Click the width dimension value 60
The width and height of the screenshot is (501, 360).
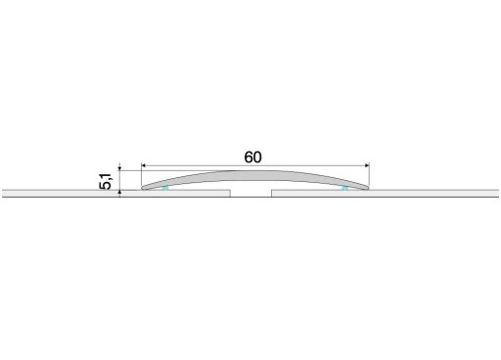click(252, 157)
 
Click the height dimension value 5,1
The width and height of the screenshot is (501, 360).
click(106, 181)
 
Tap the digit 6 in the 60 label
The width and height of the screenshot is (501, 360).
click(249, 157)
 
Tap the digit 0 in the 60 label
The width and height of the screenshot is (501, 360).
click(257, 157)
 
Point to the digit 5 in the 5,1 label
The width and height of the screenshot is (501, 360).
click(106, 185)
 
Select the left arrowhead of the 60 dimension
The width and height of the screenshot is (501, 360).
click(144, 165)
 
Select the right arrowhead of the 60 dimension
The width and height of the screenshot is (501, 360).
click(367, 165)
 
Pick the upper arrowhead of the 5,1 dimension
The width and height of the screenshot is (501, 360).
click(119, 168)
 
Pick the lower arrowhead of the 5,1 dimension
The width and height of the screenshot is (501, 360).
click(119, 193)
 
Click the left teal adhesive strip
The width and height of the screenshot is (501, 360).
click(165, 188)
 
